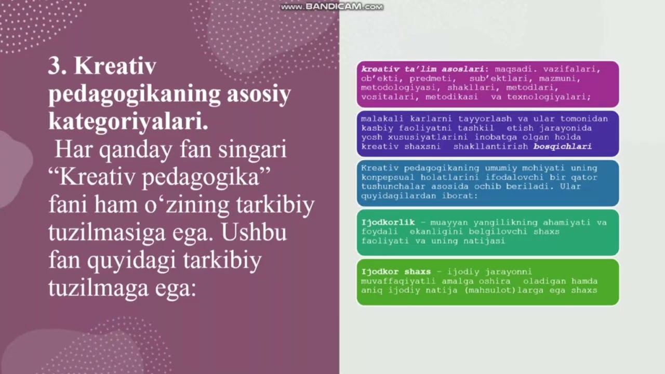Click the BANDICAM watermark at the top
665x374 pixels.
coord(332,7)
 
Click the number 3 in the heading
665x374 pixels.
coord(55,67)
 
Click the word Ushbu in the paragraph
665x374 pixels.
coord(254,232)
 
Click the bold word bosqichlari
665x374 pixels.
coord(562,146)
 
